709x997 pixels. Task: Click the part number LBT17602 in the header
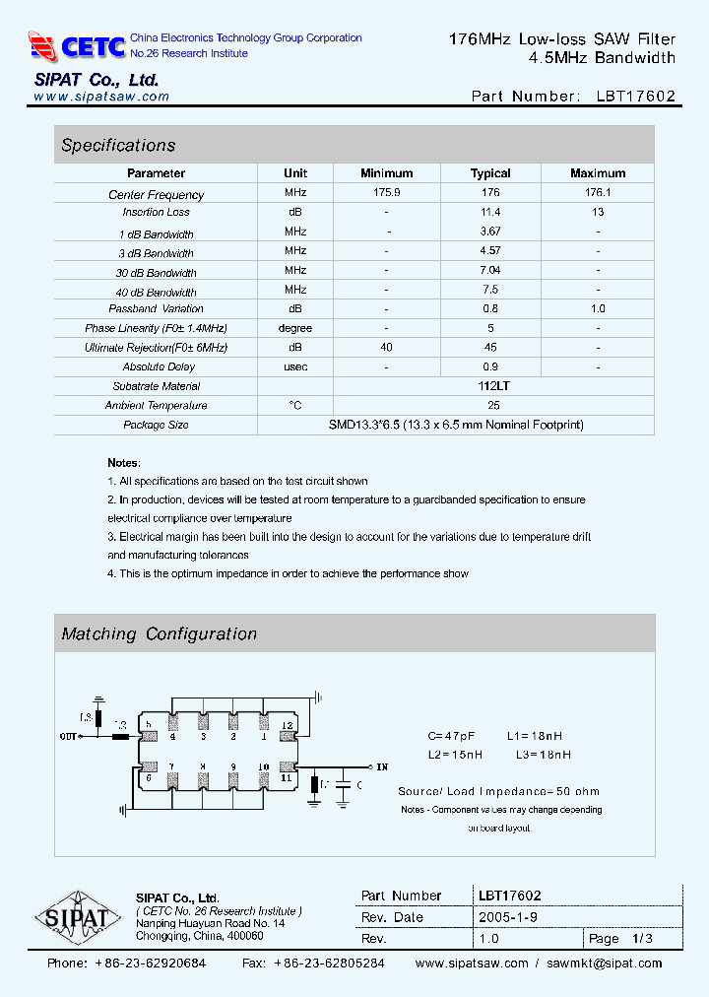(x=635, y=97)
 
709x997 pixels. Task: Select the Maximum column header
(x=597, y=173)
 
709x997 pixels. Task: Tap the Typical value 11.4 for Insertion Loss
(x=490, y=212)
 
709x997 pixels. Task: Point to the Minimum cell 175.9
(x=386, y=193)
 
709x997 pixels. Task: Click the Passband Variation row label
(x=157, y=308)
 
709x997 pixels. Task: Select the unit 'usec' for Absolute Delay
(x=295, y=366)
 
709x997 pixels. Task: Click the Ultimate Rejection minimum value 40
(x=386, y=347)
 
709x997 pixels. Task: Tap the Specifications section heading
(x=118, y=146)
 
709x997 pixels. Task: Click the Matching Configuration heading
(x=159, y=634)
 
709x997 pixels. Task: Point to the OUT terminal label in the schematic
(x=69, y=736)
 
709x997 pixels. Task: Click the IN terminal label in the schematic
(x=382, y=766)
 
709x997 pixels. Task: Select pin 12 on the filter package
(x=287, y=726)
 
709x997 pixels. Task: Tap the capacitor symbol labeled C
(x=343, y=785)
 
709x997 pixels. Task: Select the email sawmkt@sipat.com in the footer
(x=604, y=964)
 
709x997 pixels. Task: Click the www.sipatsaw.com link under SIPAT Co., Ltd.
(x=101, y=97)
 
